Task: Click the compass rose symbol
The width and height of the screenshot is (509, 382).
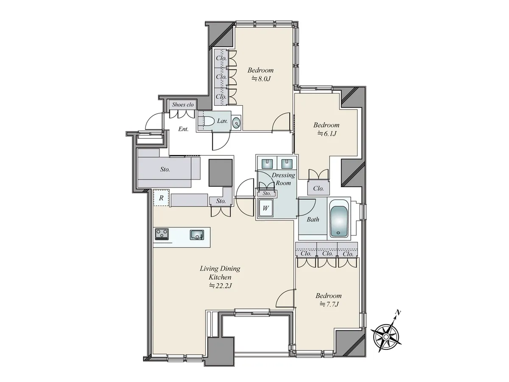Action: click(386, 336)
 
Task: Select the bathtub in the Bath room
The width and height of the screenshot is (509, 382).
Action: click(338, 221)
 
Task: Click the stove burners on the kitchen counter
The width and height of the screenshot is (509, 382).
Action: click(162, 234)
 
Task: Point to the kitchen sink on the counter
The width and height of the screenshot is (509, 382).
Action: click(197, 235)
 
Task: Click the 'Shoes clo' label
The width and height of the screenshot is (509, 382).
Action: click(183, 104)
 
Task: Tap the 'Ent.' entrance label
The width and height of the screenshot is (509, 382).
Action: click(183, 129)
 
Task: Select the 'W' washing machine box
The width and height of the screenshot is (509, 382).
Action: click(266, 208)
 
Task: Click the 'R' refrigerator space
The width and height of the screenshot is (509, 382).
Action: click(161, 198)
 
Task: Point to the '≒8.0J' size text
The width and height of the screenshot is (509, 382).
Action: click(261, 79)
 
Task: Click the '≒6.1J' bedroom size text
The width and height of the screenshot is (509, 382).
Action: click(327, 134)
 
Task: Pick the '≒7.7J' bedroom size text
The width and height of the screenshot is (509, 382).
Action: click(329, 304)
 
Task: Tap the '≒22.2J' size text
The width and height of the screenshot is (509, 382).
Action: click(220, 286)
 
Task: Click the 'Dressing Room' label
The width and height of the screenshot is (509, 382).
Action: click(283, 179)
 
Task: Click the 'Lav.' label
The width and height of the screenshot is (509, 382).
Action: click(222, 121)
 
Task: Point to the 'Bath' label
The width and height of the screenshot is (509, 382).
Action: click(313, 219)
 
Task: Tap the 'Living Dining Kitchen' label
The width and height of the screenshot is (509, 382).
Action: click(220, 273)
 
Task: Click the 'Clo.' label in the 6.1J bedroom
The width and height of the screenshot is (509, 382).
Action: click(319, 188)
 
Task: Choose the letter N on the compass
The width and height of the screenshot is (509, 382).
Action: click(398, 313)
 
